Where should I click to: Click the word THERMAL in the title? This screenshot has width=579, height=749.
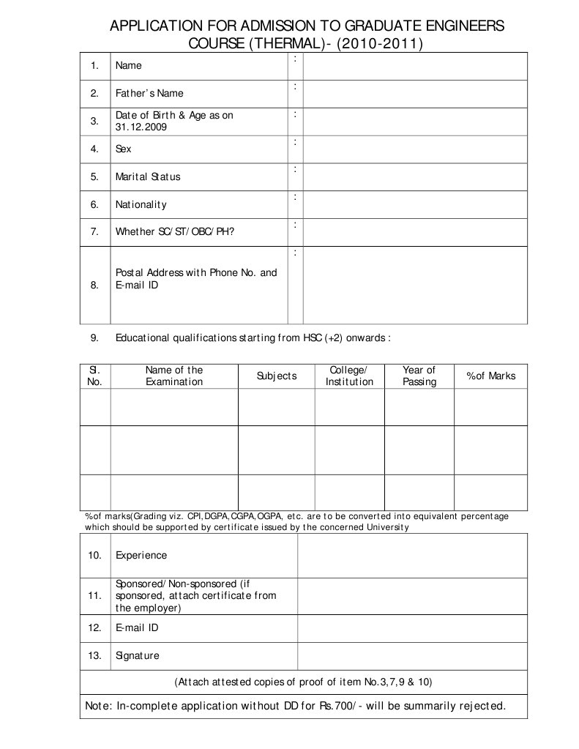pyautogui.click(x=287, y=44)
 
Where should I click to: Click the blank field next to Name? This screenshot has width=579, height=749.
pyautogui.click(x=415, y=66)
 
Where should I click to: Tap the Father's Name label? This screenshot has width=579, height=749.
pyautogui.click(x=149, y=94)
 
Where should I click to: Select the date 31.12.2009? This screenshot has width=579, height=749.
pyautogui.click(x=141, y=127)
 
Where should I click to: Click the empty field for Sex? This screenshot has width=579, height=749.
pyautogui.click(x=415, y=149)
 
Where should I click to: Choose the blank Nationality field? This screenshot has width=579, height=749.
pyautogui.click(x=415, y=205)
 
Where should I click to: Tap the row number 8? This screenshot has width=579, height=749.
pyautogui.click(x=94, y=286)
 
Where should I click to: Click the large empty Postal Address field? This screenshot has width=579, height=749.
pyautogui.click(x=415, y=286)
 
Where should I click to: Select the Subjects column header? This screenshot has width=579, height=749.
pyautogui.click(x=277, y=376)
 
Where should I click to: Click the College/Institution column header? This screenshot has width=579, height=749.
pyautogui.click(x=349, y=376)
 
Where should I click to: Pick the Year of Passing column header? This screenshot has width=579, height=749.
pyautogui.click(x=419, y=376)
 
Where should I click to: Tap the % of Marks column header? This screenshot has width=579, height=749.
pyautogui.click(x=491, y=376)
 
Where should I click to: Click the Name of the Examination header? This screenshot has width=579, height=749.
pyautogui.click(x=174, y=376)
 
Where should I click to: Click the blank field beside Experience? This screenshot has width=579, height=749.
pyautogui.click(x=412, y=556)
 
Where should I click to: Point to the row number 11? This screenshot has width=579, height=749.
pyautogui.click(x=94, y=596)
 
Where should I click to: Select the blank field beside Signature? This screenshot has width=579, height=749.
pyautogui.click(x=412, y=656)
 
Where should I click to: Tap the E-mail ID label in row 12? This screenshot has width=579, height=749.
pyautogui.click(x=137, y=628)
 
